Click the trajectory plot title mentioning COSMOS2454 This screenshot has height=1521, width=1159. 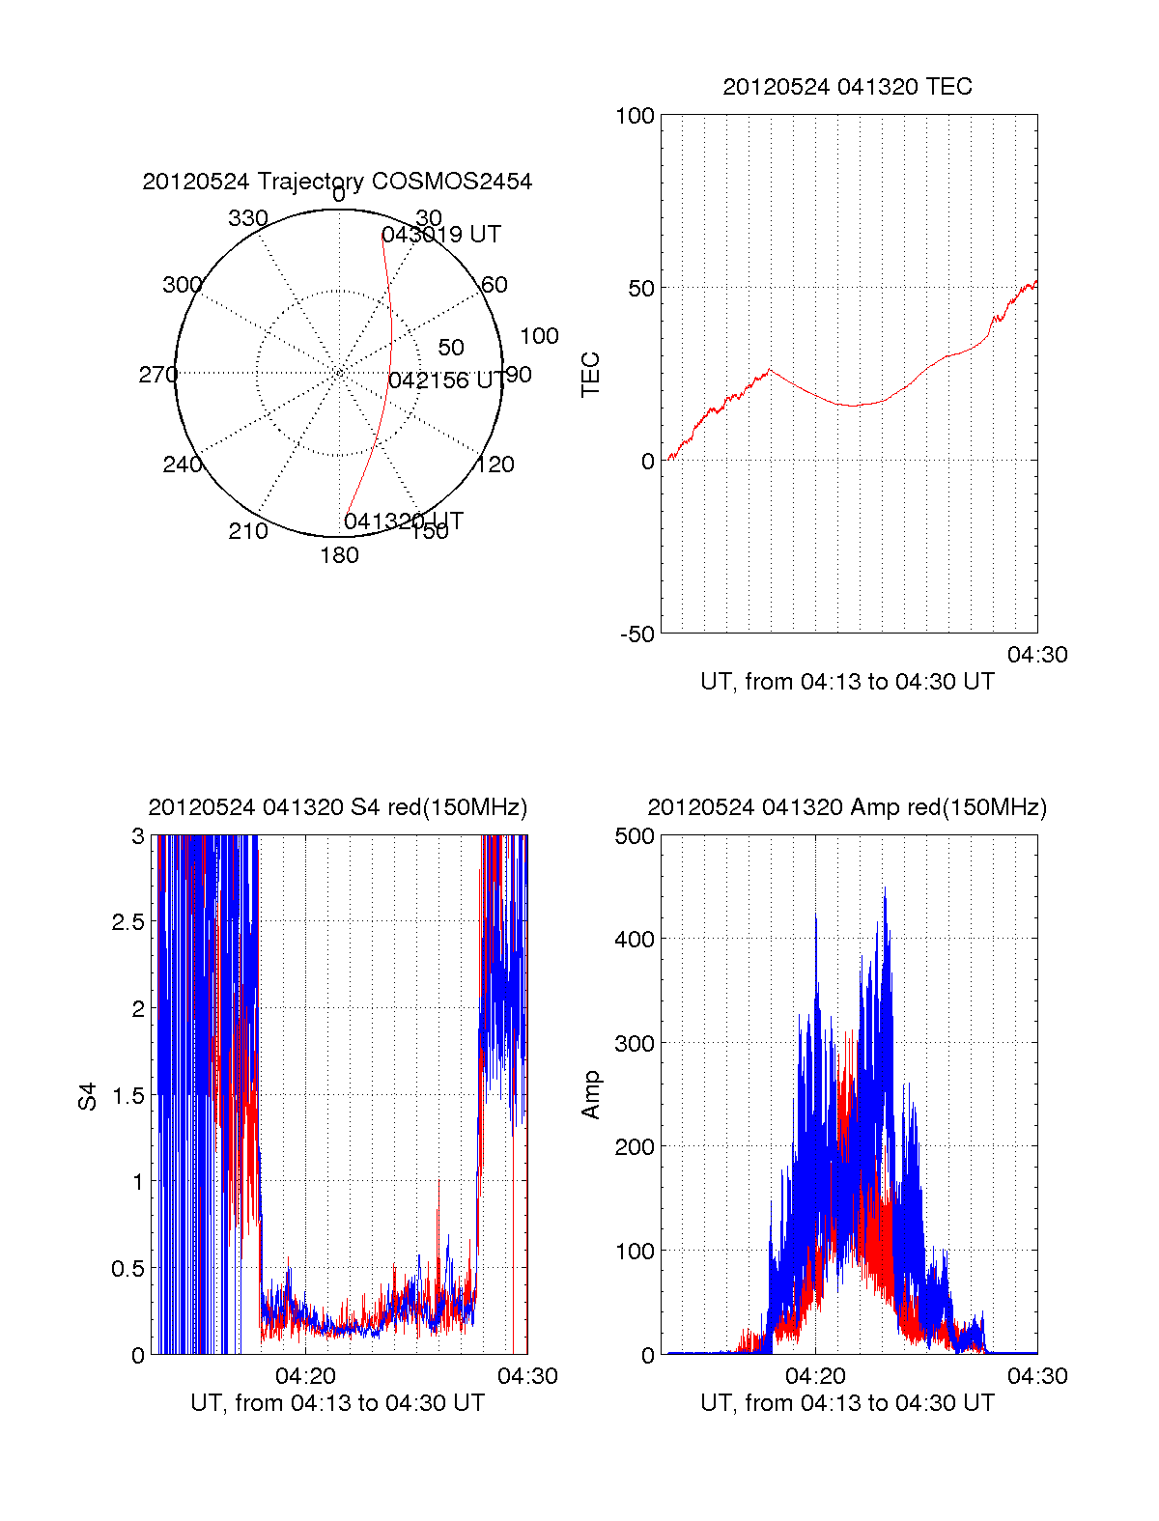coord(337,182)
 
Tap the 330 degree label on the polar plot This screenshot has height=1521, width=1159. coord(247,218)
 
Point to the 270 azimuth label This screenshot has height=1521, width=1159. coord(157,375)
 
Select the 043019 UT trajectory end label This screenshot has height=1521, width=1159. coord(441,235)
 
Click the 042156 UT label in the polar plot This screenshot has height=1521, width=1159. coord(445,380)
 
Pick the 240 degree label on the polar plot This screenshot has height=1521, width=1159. coord(182,465)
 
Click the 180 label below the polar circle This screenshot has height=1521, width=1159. coord(339,555)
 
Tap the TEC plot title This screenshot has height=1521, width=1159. coord(847,87)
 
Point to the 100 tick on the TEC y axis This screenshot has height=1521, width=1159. coord(635,116)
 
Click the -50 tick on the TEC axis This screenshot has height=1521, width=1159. coord(636,634)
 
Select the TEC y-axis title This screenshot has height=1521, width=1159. coord(591,374)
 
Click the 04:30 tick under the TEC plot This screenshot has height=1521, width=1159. coord(1037,655)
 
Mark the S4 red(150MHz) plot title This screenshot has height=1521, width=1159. coord(337,807)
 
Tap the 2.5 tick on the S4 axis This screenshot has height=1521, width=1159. coord(127,922)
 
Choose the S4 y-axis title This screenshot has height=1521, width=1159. coord(88,1096)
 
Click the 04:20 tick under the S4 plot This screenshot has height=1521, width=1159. coord(305,1376)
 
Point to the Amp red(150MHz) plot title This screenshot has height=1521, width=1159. coord(847,807)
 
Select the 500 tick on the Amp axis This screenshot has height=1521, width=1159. coord(635,836)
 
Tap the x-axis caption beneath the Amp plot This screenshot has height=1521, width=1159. coord(847,1403)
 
